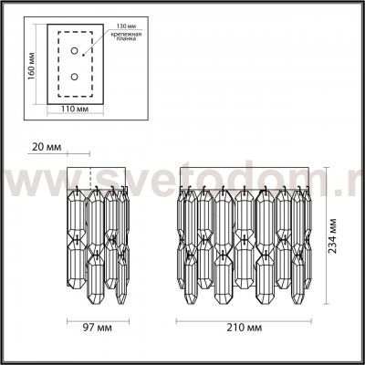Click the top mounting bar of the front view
coord(248,176)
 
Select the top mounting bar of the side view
coord(99,176)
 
